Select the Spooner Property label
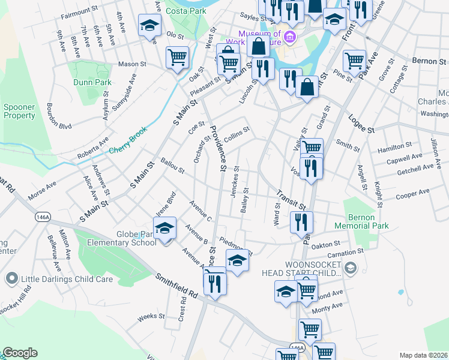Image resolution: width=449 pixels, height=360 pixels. click(19, 111)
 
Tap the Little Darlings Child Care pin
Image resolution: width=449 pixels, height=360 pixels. click(10, 278)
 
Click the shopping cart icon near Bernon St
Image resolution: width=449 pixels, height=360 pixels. click(354, 61)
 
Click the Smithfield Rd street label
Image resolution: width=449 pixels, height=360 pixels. click(177, 286)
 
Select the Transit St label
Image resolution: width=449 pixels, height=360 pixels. click(291, 200)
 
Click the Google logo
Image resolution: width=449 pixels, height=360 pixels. click(20, 353)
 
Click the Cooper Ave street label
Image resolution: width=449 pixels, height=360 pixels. click(412, 194)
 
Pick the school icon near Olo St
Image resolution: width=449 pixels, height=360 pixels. click(149, 26)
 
